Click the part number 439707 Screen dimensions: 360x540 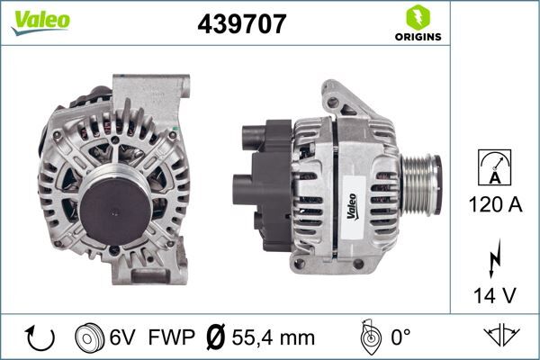click(x=242, y=24)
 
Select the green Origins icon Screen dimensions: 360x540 click(x=418, y=17)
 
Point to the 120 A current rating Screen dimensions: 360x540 click(x=495, y=204)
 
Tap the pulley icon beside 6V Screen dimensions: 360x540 click(x=91, y=337)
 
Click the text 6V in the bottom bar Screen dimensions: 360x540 click(x=123, y=337)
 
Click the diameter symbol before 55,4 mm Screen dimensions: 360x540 click(x=216, y=337)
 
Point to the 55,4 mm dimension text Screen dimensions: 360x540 click(x=274, y=337)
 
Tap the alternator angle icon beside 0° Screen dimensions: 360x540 click(x=368, y=337)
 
